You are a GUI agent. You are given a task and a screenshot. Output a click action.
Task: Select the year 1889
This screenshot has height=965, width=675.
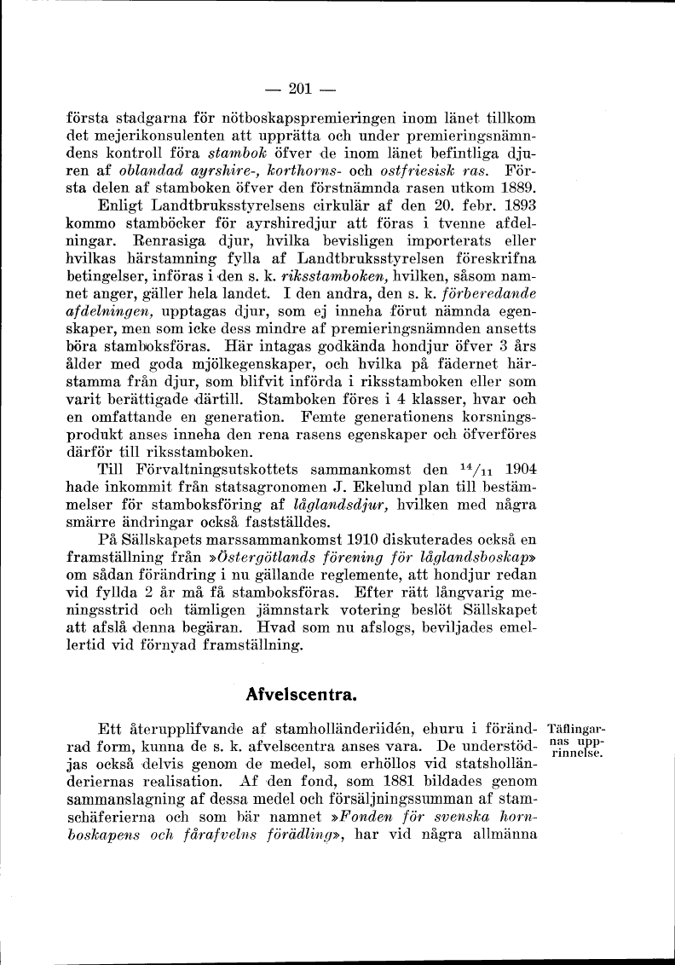(x=516, y=186)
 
